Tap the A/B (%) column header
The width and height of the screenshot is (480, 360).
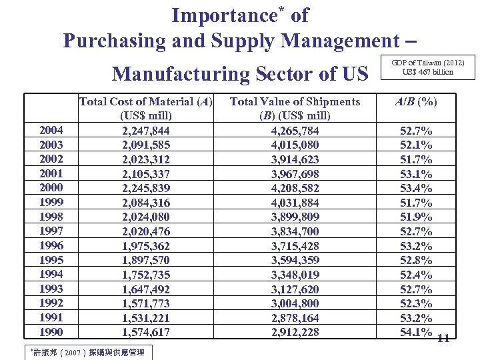(x=415, y=102)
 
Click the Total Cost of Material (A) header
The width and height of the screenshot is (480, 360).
(x=145, y=102)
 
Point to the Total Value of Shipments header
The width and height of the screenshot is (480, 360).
(x=295, y=102)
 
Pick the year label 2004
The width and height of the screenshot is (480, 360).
(x=51, y=131)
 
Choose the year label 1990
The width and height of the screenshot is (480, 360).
(x=51, y=332)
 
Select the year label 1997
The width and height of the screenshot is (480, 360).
(x=51, y=231)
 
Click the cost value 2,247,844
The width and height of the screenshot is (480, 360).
(x=146, y=131)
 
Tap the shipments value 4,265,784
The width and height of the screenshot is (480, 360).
(x=295, y=131)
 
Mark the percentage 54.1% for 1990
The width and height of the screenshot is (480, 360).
(x=415, y=332)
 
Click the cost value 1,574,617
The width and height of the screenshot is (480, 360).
(x=146, y=332)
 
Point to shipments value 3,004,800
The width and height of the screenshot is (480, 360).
(x=295, y=303)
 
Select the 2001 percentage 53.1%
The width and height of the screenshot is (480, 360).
(x=415, y=174)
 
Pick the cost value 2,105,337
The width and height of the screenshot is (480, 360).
(x=146, y=174)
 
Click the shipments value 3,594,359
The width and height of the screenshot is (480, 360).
(x=295, y=260)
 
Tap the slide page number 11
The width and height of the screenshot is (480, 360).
(x=443, y=338)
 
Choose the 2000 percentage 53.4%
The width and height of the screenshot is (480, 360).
(x=415, y=188)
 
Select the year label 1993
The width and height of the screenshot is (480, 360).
(x=51, y=289)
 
